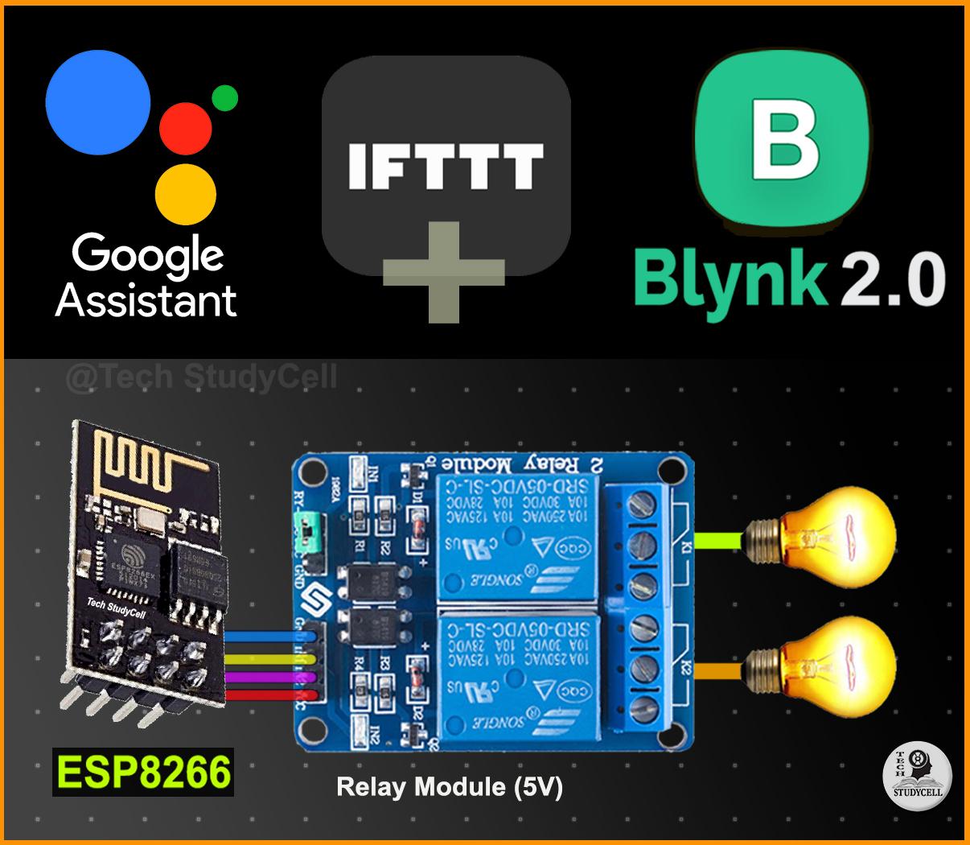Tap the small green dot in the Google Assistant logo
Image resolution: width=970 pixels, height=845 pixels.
click(224, 97)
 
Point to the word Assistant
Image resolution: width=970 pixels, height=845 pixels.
click(146, 299)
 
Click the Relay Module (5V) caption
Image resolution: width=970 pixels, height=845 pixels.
click(450, 786)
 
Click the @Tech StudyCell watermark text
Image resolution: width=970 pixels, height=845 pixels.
click(201, 377)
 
